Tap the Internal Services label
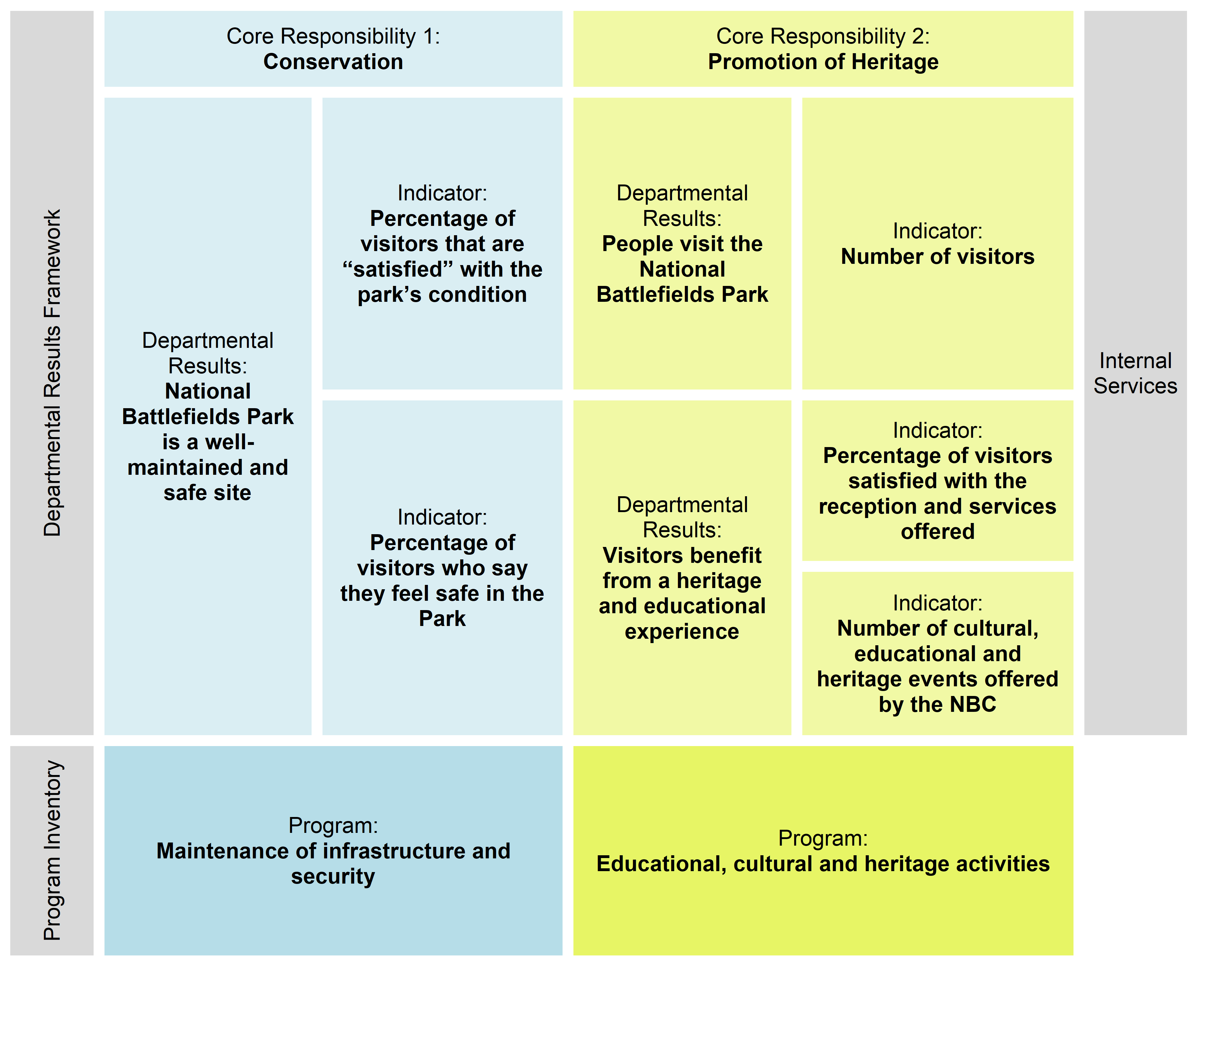[x=1135, y=373]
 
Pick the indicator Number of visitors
[x=937, y=256]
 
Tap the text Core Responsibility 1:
[x=333, y=36]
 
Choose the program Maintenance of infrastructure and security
[x=333, y=863]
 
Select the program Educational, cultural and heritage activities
[x=823, y=864]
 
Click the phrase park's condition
[x=442, y=294]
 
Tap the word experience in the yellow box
[x=682, y=632]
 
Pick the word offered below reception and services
[x=937, y=532]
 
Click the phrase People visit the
[x=682, y=244]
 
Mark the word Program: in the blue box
[x=333, y=825]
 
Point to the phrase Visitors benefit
[x=682, y=556]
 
